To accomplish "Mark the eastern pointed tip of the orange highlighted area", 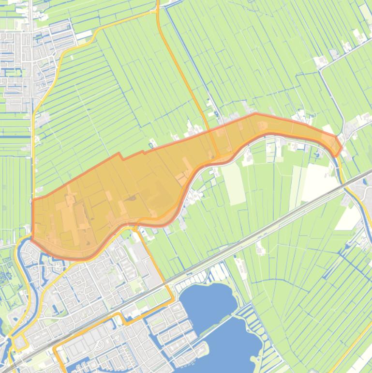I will pyautogui.click(x=341, y=145).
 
